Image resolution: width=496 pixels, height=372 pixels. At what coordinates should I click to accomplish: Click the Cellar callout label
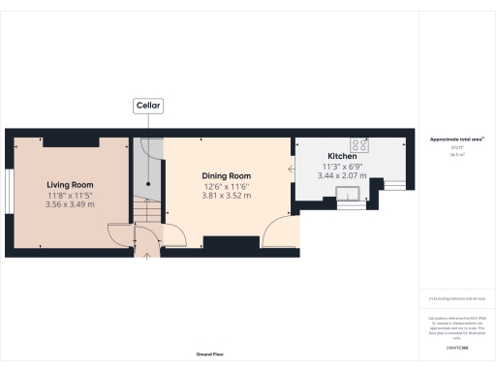point(148,106)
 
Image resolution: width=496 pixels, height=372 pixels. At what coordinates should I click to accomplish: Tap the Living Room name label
point(70,184)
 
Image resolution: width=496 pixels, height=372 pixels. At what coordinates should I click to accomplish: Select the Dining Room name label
point(227,175)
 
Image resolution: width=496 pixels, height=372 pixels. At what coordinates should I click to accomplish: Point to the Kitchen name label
point(343,156)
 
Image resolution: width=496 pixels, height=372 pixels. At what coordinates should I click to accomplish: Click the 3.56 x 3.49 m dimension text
point(70,204)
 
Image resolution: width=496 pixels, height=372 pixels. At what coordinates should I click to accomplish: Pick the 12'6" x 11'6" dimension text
point(227,186)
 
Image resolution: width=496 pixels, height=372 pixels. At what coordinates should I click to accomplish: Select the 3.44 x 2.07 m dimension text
point(343,176)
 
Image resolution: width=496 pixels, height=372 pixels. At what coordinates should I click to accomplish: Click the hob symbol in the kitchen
point(360,145)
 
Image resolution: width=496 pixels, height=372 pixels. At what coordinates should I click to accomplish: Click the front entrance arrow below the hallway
point(147,255)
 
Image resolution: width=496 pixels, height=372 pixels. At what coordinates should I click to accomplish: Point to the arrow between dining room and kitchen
point(291,169)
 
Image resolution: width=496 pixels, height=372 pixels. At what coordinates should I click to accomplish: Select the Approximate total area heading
point(456,139)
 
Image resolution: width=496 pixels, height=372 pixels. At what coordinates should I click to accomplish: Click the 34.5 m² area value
point(456,154)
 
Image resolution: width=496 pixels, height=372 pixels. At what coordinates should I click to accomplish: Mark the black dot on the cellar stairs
point(148,182)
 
